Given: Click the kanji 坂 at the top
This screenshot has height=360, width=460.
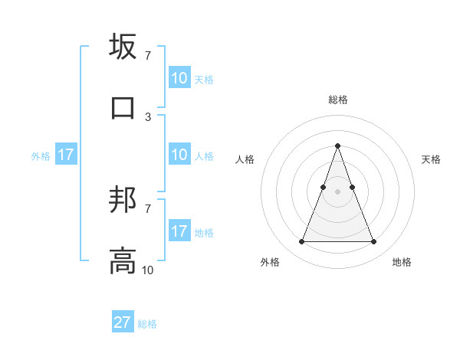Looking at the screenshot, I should pos(123,47).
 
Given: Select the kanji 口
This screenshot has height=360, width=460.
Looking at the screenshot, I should pos(123,106).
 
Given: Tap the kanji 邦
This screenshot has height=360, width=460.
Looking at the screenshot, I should pos(123,201).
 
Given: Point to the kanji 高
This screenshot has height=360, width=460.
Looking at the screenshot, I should pos(123,260).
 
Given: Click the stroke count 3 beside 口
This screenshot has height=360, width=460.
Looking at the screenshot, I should pos(147,116).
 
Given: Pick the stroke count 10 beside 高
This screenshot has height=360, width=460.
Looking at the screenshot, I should pos(147,270).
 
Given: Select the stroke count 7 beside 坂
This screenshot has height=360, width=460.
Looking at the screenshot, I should pos(147,56).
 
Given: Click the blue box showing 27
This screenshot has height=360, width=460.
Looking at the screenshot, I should pos(123,322).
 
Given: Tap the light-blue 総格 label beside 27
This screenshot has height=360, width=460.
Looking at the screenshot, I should pos(147,324).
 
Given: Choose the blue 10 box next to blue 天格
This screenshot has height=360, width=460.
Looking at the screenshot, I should pos(179,77).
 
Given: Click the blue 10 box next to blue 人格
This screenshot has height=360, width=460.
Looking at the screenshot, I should pos(179,155).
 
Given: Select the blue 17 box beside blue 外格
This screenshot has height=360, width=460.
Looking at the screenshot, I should pos(66,155).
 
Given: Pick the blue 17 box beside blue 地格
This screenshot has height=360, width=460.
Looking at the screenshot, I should pos(179,231).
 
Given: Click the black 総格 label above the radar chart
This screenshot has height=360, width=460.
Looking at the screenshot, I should pos(337,100).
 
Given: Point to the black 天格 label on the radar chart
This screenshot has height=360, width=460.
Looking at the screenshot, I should pos(431,159).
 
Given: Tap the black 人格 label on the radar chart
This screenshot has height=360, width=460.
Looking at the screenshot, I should pos(245,159).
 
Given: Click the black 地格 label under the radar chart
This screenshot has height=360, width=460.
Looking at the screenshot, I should pos(402,262).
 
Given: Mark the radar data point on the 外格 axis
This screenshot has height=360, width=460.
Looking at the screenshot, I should pos(301,242).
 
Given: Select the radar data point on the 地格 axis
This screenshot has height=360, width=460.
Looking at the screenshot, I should pos(374,242).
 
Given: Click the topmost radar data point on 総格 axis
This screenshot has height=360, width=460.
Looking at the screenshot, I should pos(337,146).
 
